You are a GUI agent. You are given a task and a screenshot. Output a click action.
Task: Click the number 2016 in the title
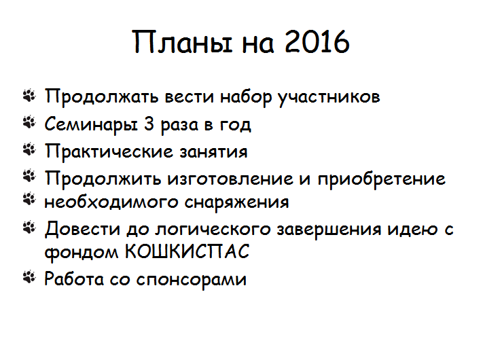tap(317, 42)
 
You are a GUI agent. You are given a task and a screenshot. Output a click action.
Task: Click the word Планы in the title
tap(182, 43)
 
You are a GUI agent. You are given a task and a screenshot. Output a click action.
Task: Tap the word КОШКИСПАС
tap(187, 251)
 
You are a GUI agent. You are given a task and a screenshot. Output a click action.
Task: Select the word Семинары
tap(91, 125)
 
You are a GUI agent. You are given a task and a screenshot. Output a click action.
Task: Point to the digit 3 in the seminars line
tap(149, 124)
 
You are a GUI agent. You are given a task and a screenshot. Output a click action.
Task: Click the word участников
tap(329, 97)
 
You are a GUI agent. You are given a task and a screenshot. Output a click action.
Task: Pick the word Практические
tap(109, 151)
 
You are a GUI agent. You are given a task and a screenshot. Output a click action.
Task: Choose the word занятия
tap(213, 152)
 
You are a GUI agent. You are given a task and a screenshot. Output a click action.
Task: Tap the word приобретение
tap(382, 179)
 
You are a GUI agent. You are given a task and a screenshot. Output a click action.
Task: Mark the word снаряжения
tap(236, 203)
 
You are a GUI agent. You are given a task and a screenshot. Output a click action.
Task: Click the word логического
tap(213, 230)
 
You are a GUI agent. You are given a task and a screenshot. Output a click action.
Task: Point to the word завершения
tap(329, 230)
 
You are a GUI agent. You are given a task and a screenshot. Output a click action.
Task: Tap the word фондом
tap(82, 252)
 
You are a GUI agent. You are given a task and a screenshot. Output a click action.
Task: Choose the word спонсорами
tap(192, 280)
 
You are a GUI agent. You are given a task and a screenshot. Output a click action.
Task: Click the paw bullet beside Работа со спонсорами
tap(29, 277)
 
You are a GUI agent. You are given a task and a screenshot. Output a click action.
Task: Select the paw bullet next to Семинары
tap(29, 122)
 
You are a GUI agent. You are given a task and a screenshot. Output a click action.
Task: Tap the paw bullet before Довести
tap(29, 228)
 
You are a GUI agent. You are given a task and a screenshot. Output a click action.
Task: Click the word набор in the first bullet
tap(246, 97)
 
